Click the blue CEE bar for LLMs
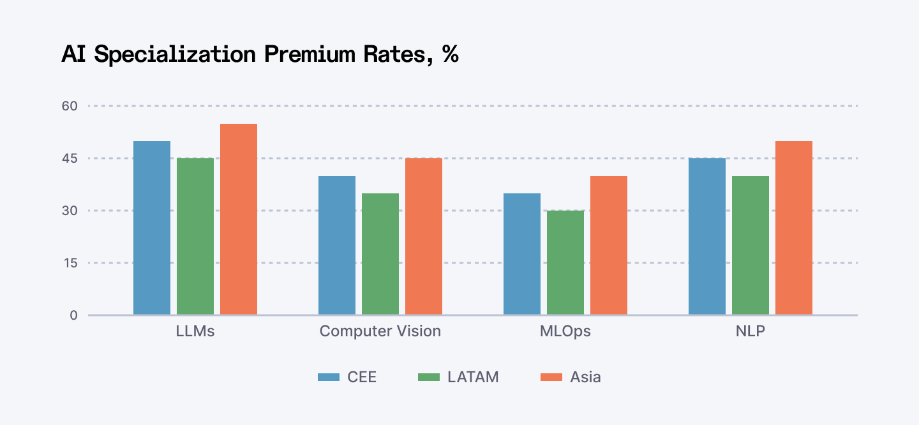(x=152, y=228)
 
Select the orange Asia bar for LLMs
(x=239, y=219)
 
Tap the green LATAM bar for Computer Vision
(x=380, y=254)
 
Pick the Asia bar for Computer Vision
(x=424, y=236)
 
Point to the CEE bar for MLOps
(x=522, y=254)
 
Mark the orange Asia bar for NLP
(x=794, y=228)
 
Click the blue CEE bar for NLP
(x=707, y=236)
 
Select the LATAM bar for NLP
(x=751, y=245)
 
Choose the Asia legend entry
(x=571, y=377)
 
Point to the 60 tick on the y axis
(x=69, y=106)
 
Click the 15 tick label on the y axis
(x=70, y=263)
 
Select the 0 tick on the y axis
(x=73, y=315)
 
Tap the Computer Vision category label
(x=380, y=332)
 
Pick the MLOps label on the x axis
(x=565, y=332)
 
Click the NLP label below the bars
(x=751, y=332)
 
